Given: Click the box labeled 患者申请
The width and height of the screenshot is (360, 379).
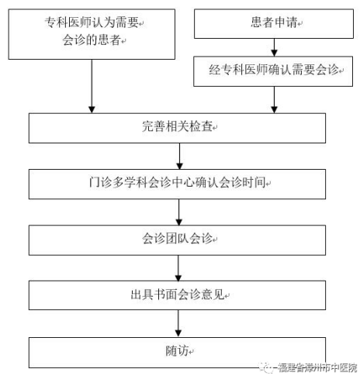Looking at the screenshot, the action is (x=274, y=24).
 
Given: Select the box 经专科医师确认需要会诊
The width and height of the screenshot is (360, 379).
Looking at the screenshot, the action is (x=273, y=71).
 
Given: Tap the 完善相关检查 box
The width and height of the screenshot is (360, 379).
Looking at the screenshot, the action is (x=177, y=128).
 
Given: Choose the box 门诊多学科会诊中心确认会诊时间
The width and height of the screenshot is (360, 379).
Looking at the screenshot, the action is (x=177, y=184).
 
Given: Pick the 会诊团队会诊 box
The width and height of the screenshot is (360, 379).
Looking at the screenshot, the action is (x=177, y=240).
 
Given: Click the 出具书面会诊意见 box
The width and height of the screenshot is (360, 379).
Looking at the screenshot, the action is (x=177, y=295).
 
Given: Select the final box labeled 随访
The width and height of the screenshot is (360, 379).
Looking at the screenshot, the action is (x=177, y=353).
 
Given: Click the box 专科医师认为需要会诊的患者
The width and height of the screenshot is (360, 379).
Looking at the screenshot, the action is (x=92, y=34).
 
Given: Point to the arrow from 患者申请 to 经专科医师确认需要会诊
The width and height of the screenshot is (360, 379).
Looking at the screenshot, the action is (x=274, y=47).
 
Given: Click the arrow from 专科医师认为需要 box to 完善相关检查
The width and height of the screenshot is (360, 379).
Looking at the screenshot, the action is (x=92, y=86).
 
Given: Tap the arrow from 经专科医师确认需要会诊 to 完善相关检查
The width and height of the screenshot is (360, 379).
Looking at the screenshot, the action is (x=274, y=100).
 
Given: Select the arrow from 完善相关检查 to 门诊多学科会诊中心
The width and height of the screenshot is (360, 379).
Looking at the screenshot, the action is (x=179, y=157).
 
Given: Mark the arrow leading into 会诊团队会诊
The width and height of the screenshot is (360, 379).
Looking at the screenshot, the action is (x=179, y=212).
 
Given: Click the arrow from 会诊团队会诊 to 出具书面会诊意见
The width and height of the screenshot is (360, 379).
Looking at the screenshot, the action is (x=178, y=268).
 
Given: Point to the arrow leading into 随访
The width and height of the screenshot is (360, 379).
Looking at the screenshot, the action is (x=178, y=323).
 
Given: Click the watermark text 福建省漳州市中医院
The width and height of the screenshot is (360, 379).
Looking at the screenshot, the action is (x=317, y=367).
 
